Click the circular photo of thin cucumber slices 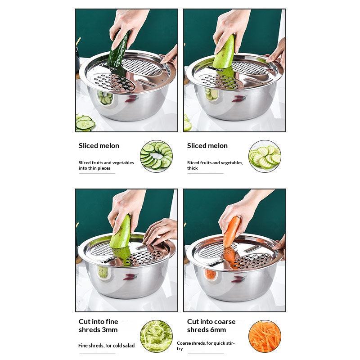156,156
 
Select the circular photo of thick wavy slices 265,156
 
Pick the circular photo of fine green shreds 156,336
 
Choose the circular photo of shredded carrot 265,336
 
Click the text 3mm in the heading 110,330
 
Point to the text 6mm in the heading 218,330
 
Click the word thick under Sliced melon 193,168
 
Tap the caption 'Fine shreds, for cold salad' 106,346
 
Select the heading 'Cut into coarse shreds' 211,325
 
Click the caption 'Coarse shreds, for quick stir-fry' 206,346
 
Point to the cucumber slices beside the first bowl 85,123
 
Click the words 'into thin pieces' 94,168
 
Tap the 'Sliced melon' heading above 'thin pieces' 99,146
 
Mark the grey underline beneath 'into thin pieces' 97,173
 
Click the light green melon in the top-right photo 224,52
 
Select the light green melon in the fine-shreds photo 120,232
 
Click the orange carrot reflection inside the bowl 210,274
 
